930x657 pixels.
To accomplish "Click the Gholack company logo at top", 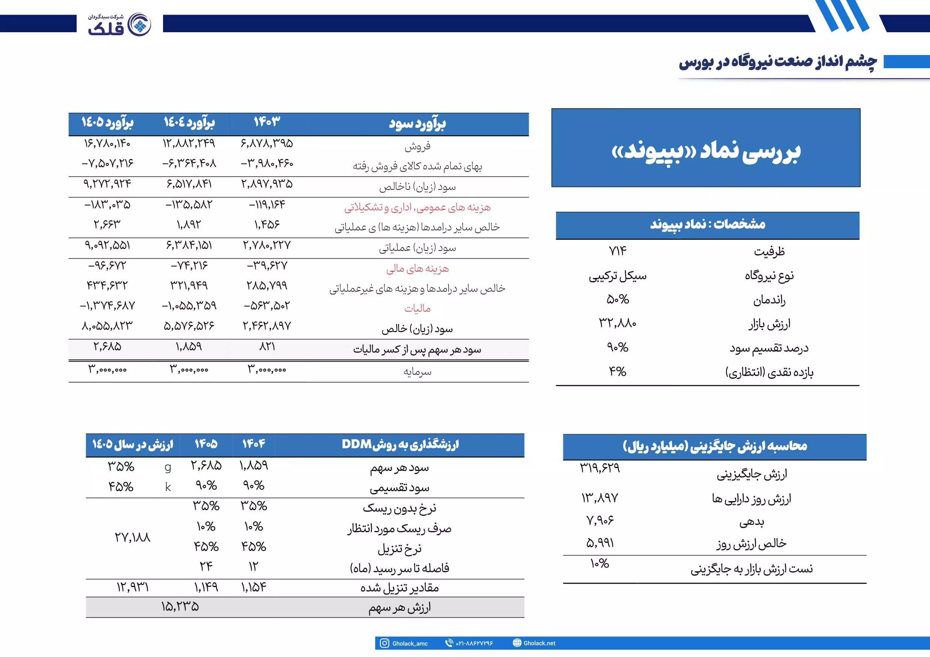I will [x=120, y=24].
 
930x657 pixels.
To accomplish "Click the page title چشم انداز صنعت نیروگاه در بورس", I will [x=778, y=62].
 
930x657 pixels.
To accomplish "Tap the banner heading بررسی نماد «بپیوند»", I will [x=705, y=151].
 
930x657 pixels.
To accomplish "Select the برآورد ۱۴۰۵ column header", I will [x=107, y=122].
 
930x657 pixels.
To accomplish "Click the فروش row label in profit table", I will [x=417, y=146].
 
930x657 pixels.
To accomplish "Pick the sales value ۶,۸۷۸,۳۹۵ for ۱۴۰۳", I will [x=267, y=143].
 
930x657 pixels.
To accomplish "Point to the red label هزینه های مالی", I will [x=417, y=269].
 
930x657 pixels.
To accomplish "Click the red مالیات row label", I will [x=417, y=309].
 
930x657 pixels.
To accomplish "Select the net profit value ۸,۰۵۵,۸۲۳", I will [x=107, y=326].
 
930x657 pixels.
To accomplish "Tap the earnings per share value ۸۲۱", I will [x=267, y=346].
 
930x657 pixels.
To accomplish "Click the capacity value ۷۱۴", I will [x=618, y=251].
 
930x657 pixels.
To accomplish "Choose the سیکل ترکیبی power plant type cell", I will [x=618, y=276].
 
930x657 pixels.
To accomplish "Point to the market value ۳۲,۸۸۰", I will [x=618, y=323].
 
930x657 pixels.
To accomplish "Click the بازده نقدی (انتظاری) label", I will [x=769, y=372].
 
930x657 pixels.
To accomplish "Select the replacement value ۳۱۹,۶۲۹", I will [x=600, y=468].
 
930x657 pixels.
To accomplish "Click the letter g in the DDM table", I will [x=168, y=467].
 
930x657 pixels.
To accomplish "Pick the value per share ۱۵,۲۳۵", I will [x=180, y=606].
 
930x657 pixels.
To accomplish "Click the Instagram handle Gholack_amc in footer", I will [x=409, y=643].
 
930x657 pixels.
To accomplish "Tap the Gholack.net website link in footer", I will [x=539, y=643].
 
